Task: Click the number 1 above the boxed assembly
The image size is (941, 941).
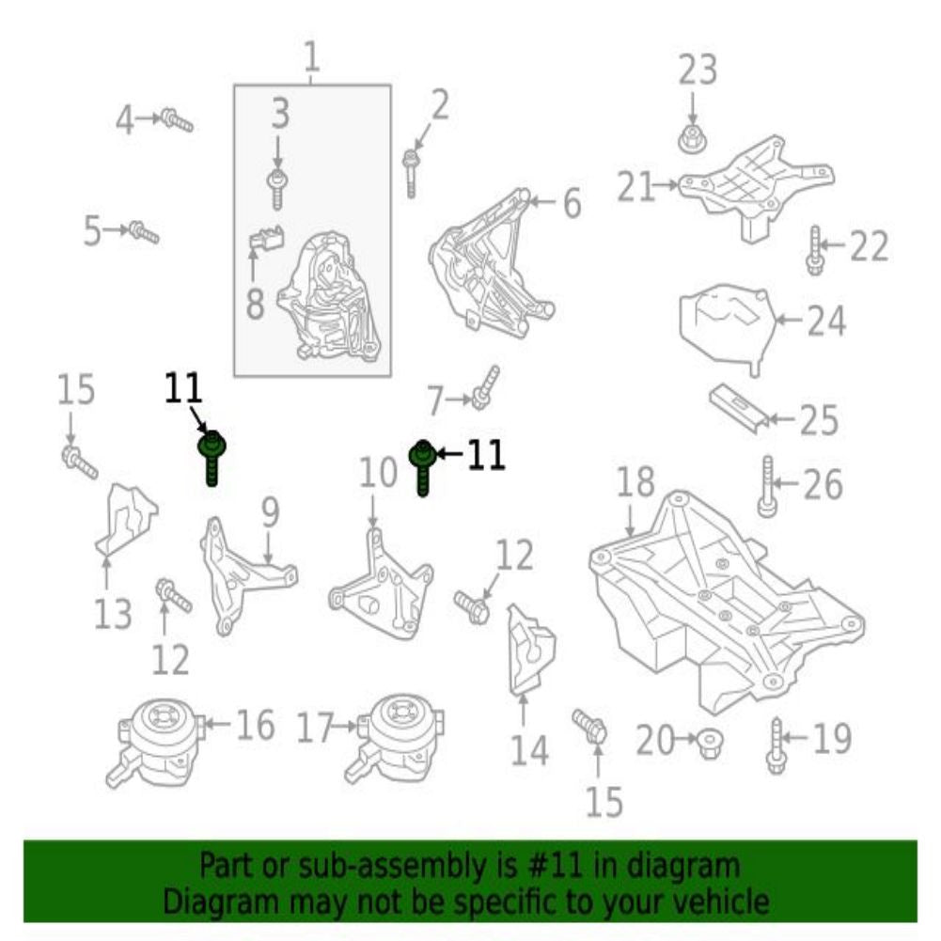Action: tap(311, 57)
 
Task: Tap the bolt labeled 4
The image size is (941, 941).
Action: tap(177, 120)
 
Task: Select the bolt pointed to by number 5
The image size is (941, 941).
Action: tap(144, 232)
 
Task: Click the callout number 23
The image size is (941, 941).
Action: tap(698, 69)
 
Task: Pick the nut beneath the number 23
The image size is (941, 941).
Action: tap(693, 140)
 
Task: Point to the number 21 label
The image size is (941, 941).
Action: tap(635, 186)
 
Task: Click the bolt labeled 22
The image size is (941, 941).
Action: tap(814, 251)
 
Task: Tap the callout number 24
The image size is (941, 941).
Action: tap(826, 321)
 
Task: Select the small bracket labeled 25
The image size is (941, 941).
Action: tap(739, 408)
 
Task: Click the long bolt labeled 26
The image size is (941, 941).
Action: tap(768, 486)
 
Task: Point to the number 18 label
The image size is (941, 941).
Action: tap(636, 482)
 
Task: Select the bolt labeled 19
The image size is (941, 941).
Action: tap(776, 746)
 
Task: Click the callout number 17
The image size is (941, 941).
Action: tap(316, 727)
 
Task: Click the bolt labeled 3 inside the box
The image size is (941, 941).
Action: tap(276, 189)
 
